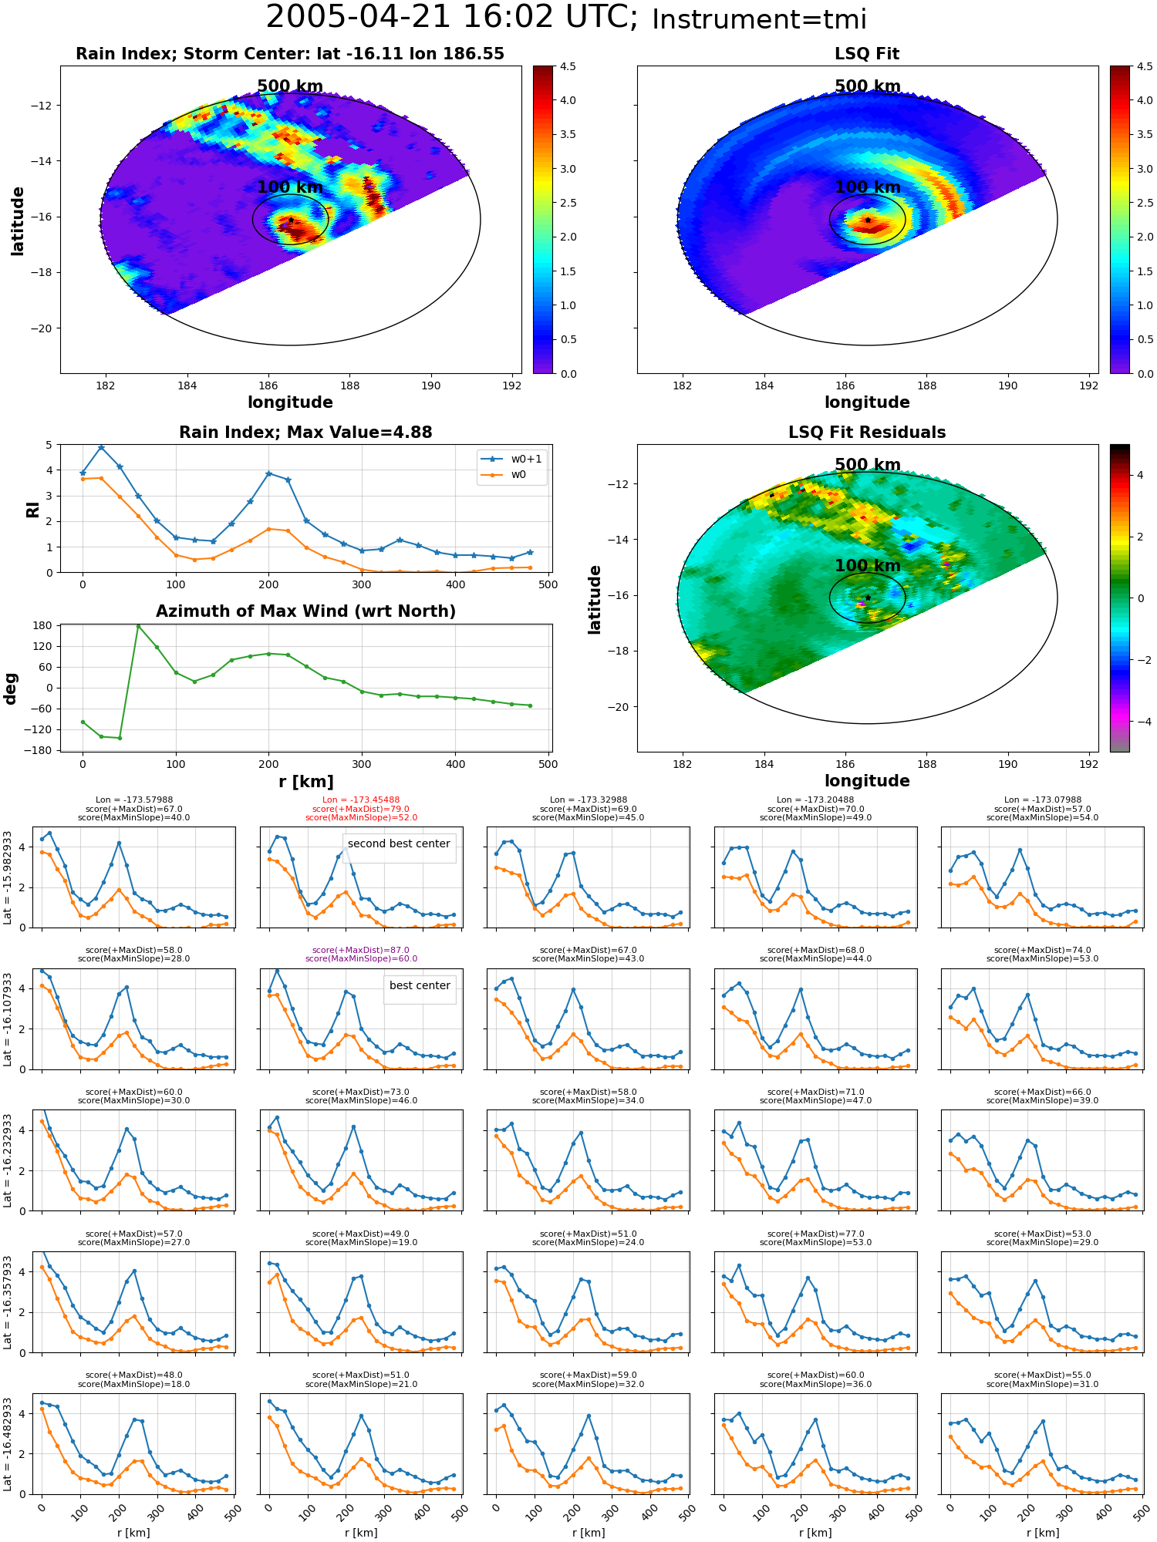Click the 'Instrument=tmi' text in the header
pos(760,20)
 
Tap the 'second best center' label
pos(399,843)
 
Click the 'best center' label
pos(420,985)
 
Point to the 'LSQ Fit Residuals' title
pos(867,433)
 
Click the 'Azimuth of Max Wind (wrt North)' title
pos(305,611)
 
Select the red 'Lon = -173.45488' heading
pos(361,800)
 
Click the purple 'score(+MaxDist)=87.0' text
pos(361,950)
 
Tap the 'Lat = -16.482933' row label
pos(8,1444)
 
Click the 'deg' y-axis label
pos(10,689)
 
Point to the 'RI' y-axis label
pos(32,510)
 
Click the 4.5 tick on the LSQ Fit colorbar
pos(1145,67)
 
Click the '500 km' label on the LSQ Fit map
pos(868,86)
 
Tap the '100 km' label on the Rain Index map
pos(290,187)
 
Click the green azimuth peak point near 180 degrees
pos(138,626)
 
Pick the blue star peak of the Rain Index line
pos(101,448)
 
